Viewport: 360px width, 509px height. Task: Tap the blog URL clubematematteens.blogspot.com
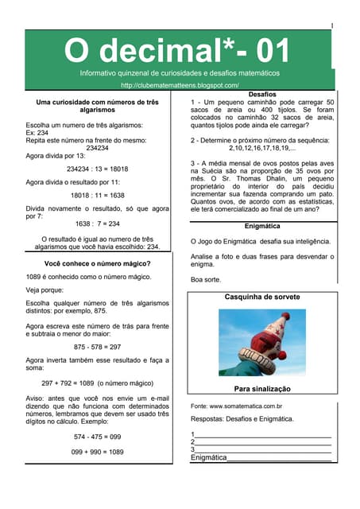coord(180,85)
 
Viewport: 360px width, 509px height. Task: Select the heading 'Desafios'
coord(261,94)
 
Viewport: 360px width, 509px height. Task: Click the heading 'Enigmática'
coord(261,226)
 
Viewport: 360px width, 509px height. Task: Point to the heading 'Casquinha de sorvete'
coord(262,297)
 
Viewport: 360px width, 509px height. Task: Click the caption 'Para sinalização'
coord(262,389)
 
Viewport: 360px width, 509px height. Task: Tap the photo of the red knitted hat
coord(261,342)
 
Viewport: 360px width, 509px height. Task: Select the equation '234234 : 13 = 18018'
coord(98,169)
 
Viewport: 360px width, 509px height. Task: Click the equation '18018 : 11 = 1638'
coord(98,194)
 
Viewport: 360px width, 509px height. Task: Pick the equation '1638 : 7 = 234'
coord(98,223)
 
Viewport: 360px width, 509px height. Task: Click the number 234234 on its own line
coord(98,147)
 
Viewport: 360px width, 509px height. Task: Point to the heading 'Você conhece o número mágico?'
coord(98,263)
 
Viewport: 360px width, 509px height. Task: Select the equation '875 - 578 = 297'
coord(98,347)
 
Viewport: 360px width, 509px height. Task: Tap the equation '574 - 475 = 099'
coord(98,437)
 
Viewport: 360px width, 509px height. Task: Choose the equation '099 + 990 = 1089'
coord(98,452)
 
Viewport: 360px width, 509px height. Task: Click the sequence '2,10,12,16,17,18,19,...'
coord(262,148)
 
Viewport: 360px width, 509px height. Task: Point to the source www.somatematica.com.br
coord(238,406)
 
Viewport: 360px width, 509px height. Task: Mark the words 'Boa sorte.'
coord(204,279)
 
